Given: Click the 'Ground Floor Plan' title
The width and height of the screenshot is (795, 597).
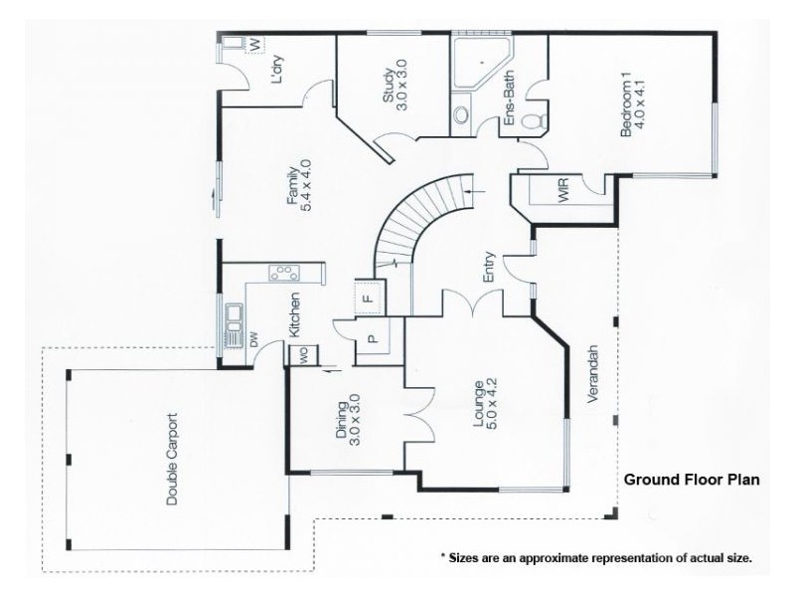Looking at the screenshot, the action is [692, 480].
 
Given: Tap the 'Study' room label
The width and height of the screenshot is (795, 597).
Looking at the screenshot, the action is [388, 86].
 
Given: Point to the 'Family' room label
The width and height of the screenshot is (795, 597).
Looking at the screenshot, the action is [292, 185].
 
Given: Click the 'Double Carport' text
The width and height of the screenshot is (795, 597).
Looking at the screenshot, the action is [173, 460].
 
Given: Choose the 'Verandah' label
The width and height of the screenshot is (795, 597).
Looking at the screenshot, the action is [592, 374].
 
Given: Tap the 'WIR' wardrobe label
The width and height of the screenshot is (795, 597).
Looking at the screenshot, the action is [563, 189].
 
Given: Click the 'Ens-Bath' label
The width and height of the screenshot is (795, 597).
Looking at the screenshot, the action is [509, 98].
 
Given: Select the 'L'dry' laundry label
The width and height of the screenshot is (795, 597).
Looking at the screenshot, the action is [278, 69].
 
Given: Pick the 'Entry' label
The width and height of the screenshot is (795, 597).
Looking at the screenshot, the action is [489, 267].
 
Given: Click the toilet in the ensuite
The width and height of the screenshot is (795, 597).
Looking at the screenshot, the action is [535, 120].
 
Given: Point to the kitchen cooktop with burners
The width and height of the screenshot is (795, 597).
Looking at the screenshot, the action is [284, 273].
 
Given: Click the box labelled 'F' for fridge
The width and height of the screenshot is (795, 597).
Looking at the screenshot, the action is [369, 297].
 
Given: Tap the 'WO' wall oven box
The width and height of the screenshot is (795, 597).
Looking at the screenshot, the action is [304, 355].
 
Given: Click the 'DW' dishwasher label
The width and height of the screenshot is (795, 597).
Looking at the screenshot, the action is [254, 338].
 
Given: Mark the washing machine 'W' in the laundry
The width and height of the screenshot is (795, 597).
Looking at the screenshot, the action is [255, 44].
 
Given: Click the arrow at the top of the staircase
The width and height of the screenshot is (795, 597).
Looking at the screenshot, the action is [476, 192].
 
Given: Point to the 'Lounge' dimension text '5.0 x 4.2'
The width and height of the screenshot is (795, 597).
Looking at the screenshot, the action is [491, 404].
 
